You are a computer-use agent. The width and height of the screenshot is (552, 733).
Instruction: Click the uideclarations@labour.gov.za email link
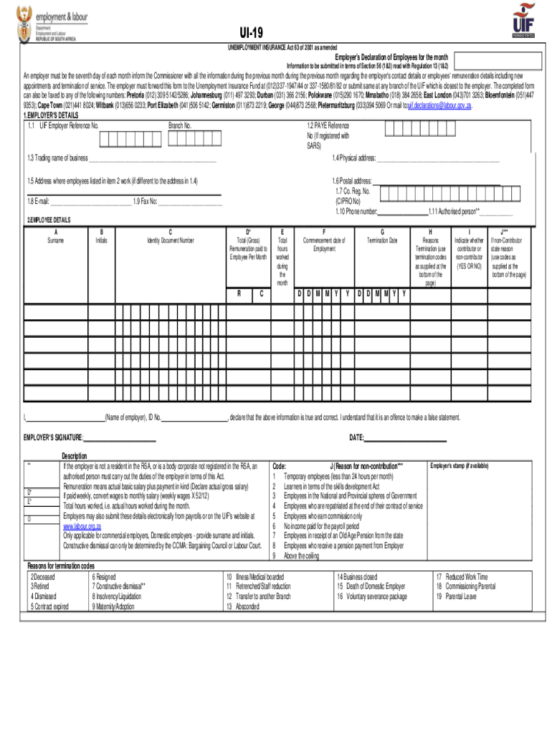point(439,105)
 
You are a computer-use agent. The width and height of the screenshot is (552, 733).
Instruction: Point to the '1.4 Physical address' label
point(354,157)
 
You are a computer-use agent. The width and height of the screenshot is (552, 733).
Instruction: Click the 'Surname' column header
point(55,241)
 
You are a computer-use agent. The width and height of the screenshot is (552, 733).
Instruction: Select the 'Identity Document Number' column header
point(171,241)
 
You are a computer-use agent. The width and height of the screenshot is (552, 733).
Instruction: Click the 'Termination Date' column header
point(382,241)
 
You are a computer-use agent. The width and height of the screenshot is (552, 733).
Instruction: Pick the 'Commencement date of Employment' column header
point(324,244)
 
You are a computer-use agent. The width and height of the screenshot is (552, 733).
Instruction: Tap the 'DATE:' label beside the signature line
point(357,437)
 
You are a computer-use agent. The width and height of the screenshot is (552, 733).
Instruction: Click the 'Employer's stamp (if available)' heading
point(459,466)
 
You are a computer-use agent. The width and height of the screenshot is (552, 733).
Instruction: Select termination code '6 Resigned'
point(104,576)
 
